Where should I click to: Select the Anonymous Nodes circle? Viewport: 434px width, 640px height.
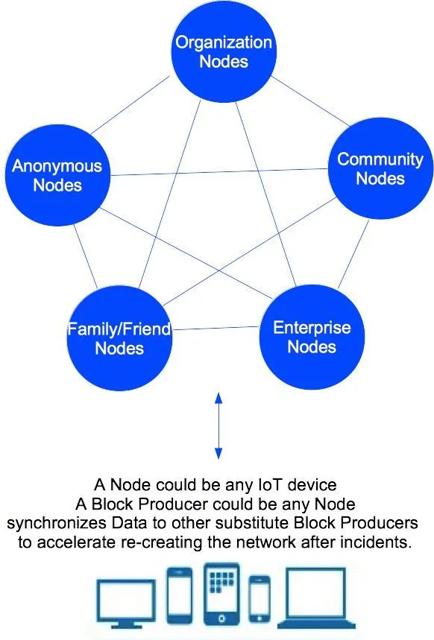tap(57, 175)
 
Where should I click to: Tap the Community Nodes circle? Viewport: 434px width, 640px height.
tap(380, 168)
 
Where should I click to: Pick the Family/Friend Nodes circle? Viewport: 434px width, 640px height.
tap(119, 338)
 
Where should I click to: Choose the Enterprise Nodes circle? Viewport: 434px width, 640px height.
tap(312, 338)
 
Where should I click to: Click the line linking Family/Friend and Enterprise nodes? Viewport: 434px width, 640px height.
tap(216, 328)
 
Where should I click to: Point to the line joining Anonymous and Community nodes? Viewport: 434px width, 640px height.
tap(219, 172)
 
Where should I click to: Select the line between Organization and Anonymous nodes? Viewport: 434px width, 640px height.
tap(130, 105)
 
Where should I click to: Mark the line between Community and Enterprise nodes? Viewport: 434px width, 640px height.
tap(353, 254)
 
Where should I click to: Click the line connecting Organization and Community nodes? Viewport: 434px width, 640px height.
tap(310, 101)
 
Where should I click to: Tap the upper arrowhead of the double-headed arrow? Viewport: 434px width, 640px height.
tap(218, 398)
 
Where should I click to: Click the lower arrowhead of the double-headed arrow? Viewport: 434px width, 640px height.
tap(218, 454)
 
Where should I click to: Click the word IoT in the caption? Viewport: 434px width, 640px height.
tap(270, 484)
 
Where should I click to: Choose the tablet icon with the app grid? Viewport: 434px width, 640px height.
tap(221, 594)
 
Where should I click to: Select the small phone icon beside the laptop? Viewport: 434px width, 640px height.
tap(260, 598)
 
